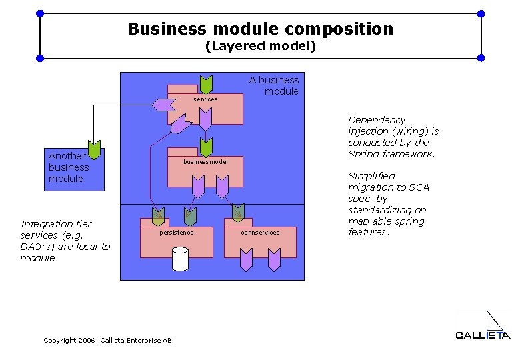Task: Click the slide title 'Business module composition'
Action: (x=260, y=29)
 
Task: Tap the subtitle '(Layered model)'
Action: (x=260, y=47)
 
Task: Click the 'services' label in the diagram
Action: (x=205, y=99)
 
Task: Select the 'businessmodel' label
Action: (x=205, y=162)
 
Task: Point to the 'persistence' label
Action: (x=177, y=233)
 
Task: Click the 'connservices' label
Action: (x=260, y=233)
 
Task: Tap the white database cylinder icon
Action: (x=180, y=259)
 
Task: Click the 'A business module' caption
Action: (x=274, y=85)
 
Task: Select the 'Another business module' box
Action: (x=74, y=170)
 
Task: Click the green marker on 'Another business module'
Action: (x=95, y=151)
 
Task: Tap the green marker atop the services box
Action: (x=207, y=85)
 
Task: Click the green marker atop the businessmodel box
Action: (x=207, y=147)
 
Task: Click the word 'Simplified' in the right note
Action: (x=371, y=176)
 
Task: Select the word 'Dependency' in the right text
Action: (x=377, y=120)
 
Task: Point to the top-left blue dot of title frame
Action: (x=40, y=13)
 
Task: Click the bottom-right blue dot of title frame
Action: (x=481, y=58)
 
